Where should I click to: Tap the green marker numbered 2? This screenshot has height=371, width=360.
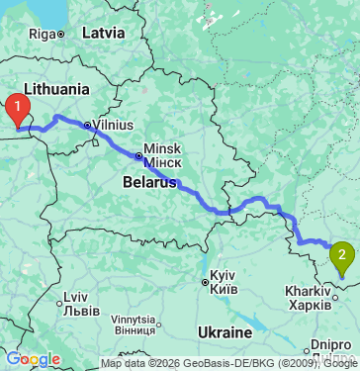click(x=342, y=258)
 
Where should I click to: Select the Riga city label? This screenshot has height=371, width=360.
click(x=41, y=34)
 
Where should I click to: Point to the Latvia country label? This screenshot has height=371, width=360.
click(x=103, y=33)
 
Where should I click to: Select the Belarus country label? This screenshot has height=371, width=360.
click(x=149, y=182)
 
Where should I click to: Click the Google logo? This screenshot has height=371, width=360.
click(x=33, y=359)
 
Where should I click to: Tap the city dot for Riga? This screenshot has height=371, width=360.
click(x=60, y=34)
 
